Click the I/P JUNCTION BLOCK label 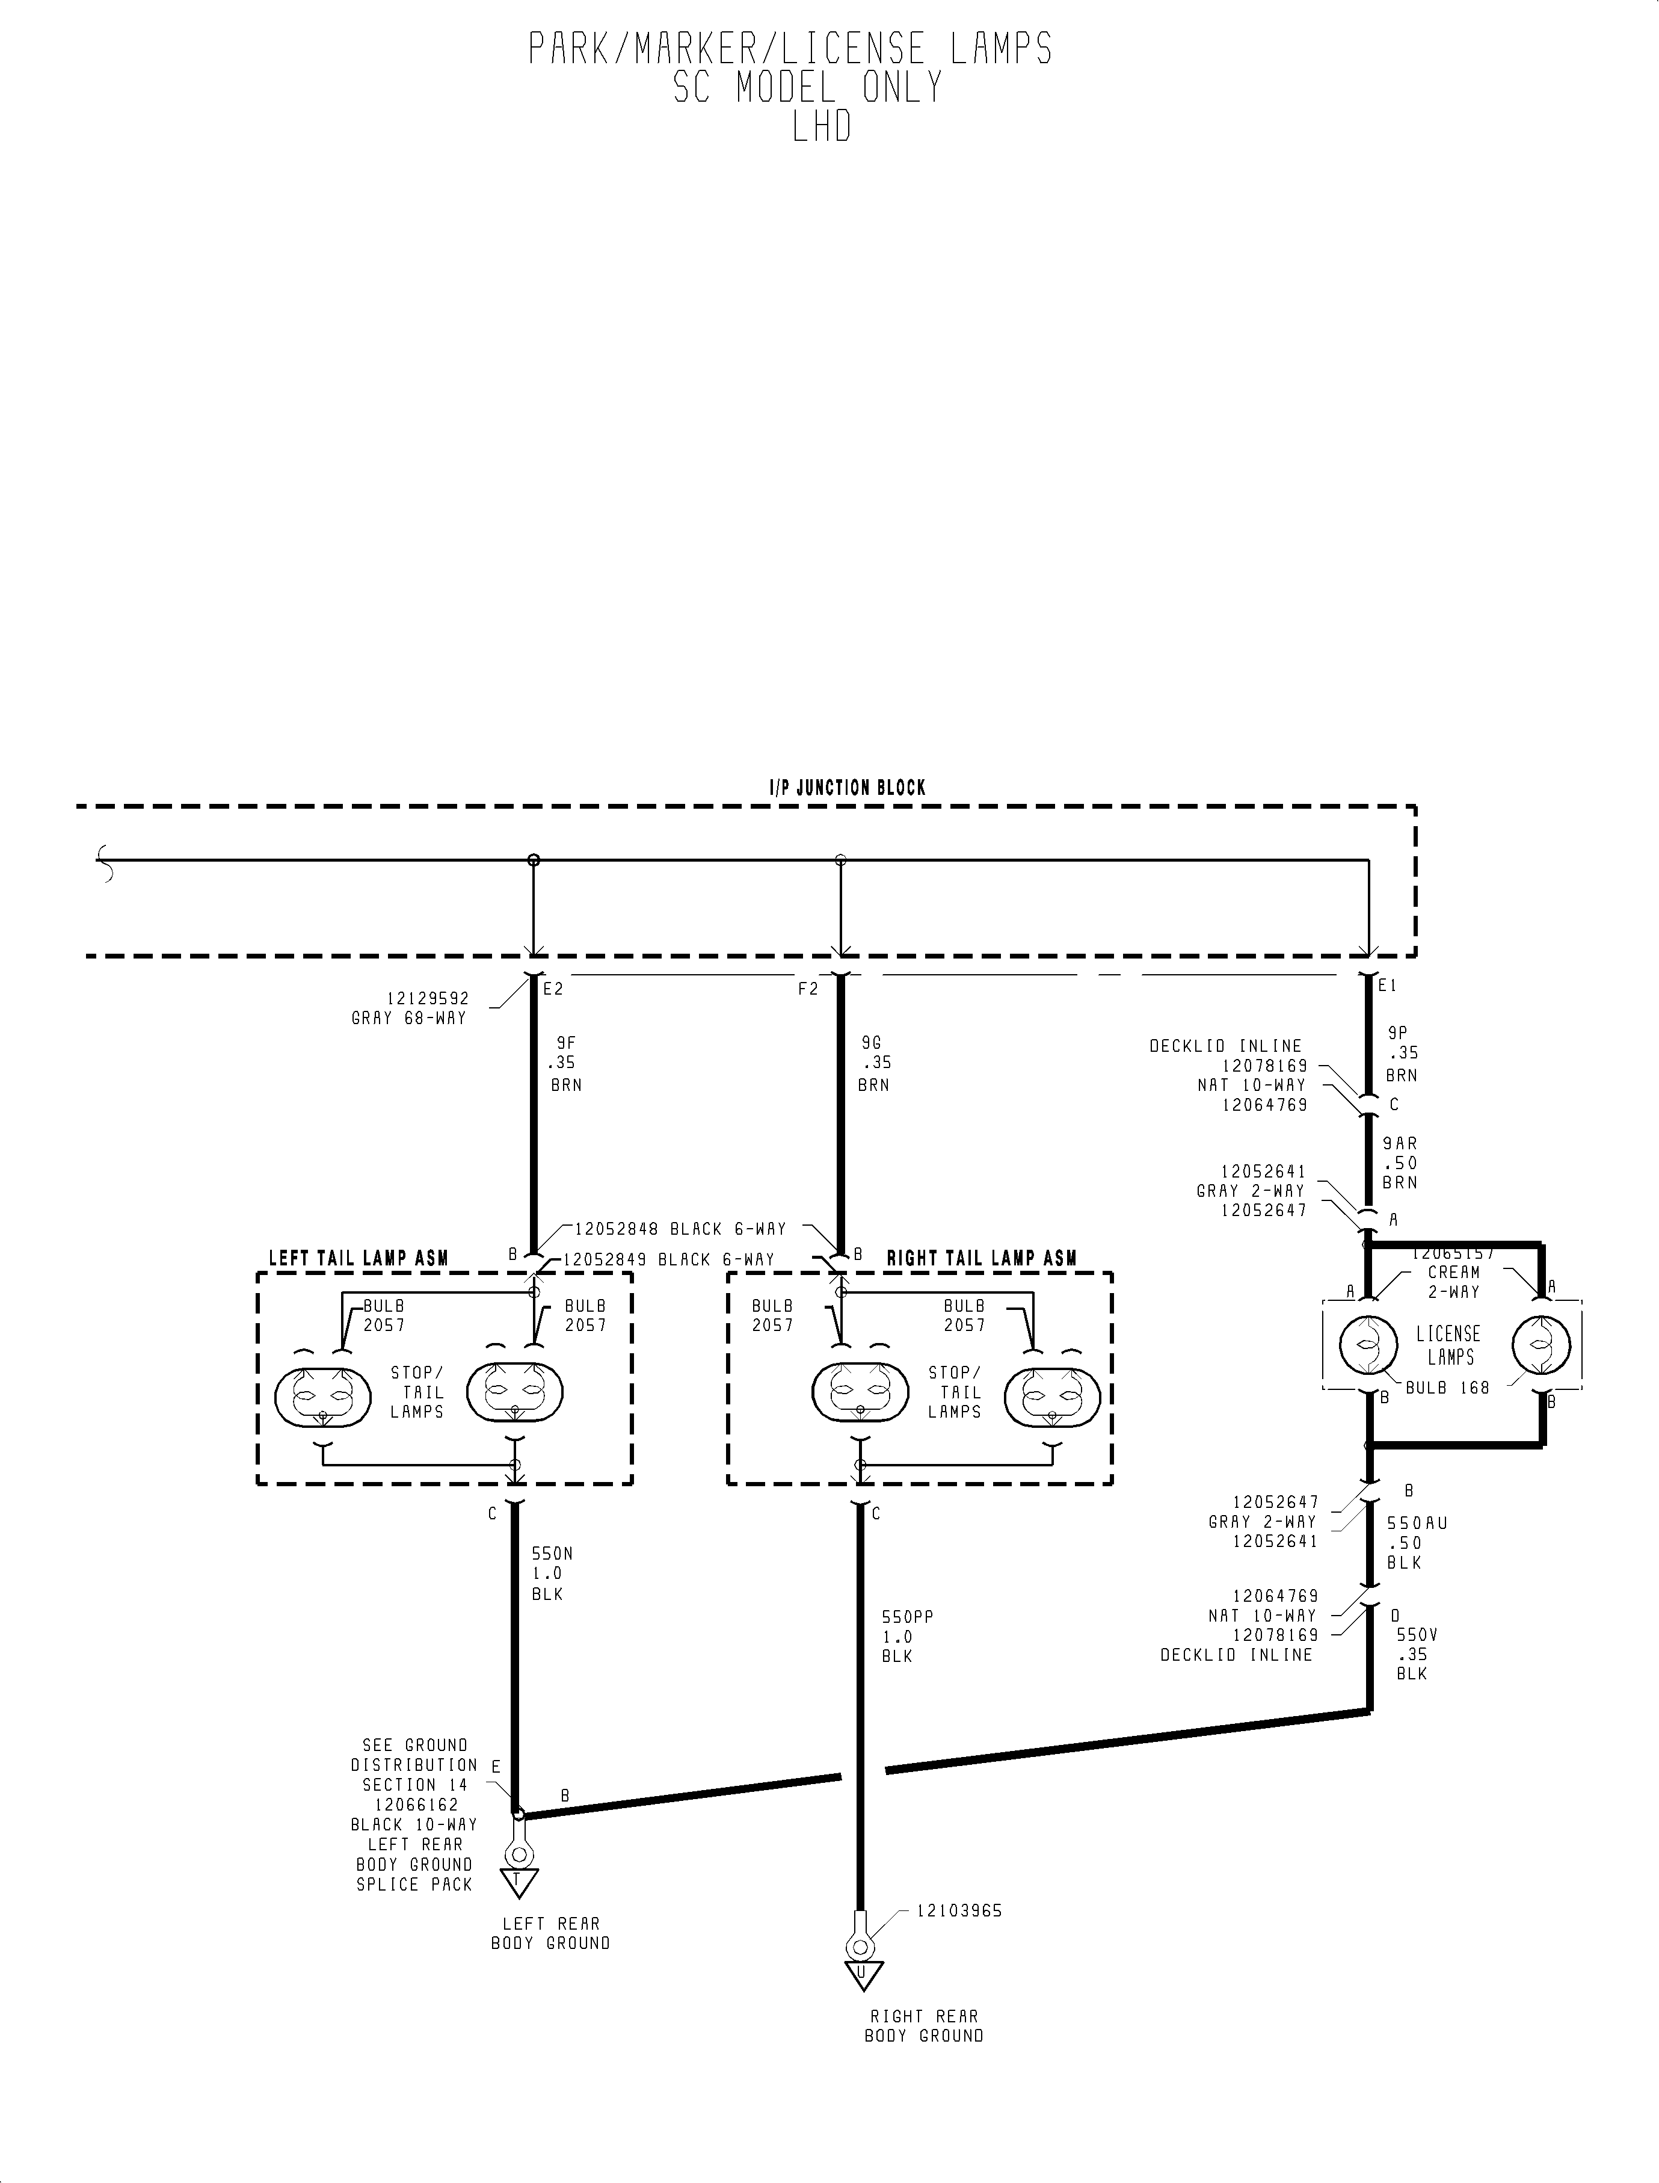click(848, 788)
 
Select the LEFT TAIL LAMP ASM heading click(359, 1258)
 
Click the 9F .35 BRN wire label click(565, 1063)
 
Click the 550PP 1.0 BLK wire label click(906, 1637)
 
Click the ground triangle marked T click(517, 1881)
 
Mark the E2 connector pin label click(553, 989)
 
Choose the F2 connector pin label click(808, 989)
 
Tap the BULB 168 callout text click(1447, 1388)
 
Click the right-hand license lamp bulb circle click(1540, 1345)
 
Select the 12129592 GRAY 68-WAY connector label click(409, 1008)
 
